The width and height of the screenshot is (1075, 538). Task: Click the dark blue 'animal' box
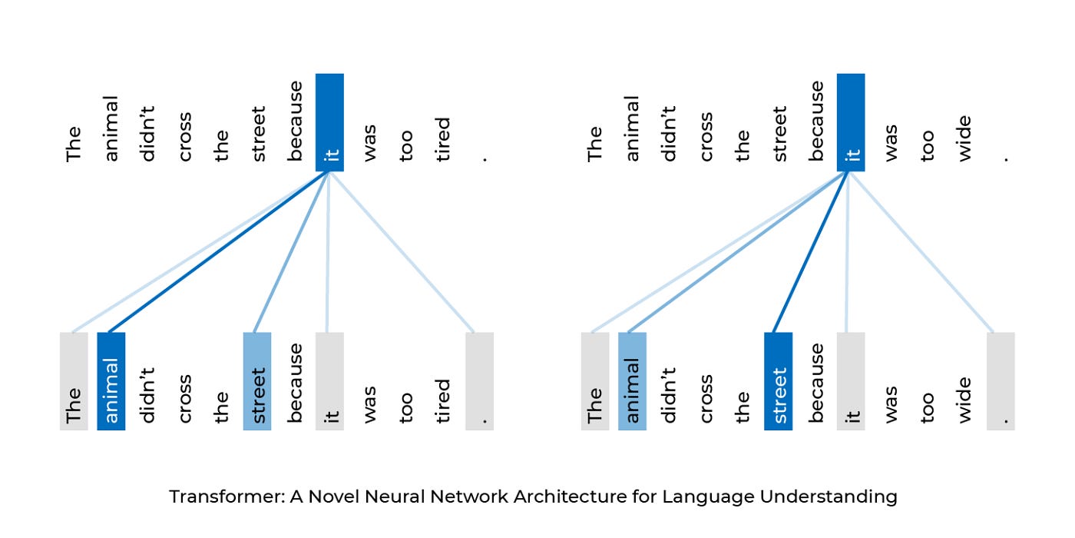[x=111, y=381]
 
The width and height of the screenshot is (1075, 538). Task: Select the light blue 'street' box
[x=257, y=381]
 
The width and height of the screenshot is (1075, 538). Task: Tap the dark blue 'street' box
[x=779, y=381]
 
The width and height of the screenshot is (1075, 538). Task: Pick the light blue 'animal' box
[x=632, y=381]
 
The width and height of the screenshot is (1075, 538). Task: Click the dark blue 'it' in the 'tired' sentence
[x=329, y=122]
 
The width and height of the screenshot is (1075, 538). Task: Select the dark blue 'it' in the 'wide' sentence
[x=851, y=122]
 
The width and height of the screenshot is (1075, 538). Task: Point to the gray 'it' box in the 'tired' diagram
[x=329, y=381]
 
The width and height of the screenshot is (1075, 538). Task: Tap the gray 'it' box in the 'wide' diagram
[x=851, y=381]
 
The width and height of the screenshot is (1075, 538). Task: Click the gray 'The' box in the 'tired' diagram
[x=74, y=381]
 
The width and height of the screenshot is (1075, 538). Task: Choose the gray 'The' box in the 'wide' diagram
[x=595, y=381]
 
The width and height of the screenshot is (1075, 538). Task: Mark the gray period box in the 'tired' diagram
[x=479, y=381]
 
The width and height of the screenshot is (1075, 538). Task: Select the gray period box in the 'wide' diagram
[x=1001, y=381]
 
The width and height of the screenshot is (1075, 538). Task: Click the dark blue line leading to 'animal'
[x=219, y=252]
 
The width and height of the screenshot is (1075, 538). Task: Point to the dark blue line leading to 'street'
[x=811, y=252]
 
